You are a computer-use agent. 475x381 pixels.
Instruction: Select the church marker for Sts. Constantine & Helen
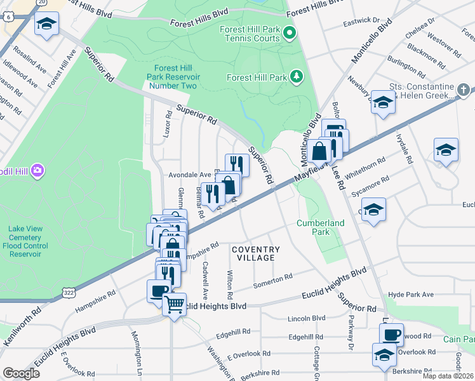click(464, 89)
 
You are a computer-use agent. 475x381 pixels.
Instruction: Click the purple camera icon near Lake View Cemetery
click(37, 170)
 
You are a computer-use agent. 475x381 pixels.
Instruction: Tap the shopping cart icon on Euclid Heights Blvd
click(174, 304)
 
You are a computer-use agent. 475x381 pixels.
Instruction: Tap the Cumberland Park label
click(321, 227)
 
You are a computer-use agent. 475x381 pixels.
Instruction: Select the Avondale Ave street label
click(189, 175)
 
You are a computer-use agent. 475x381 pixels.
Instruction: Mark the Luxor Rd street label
click(168, 125)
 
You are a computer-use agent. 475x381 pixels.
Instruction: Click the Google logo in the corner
click(22, 373)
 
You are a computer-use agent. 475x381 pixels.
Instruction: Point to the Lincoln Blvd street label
click(306, 317)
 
